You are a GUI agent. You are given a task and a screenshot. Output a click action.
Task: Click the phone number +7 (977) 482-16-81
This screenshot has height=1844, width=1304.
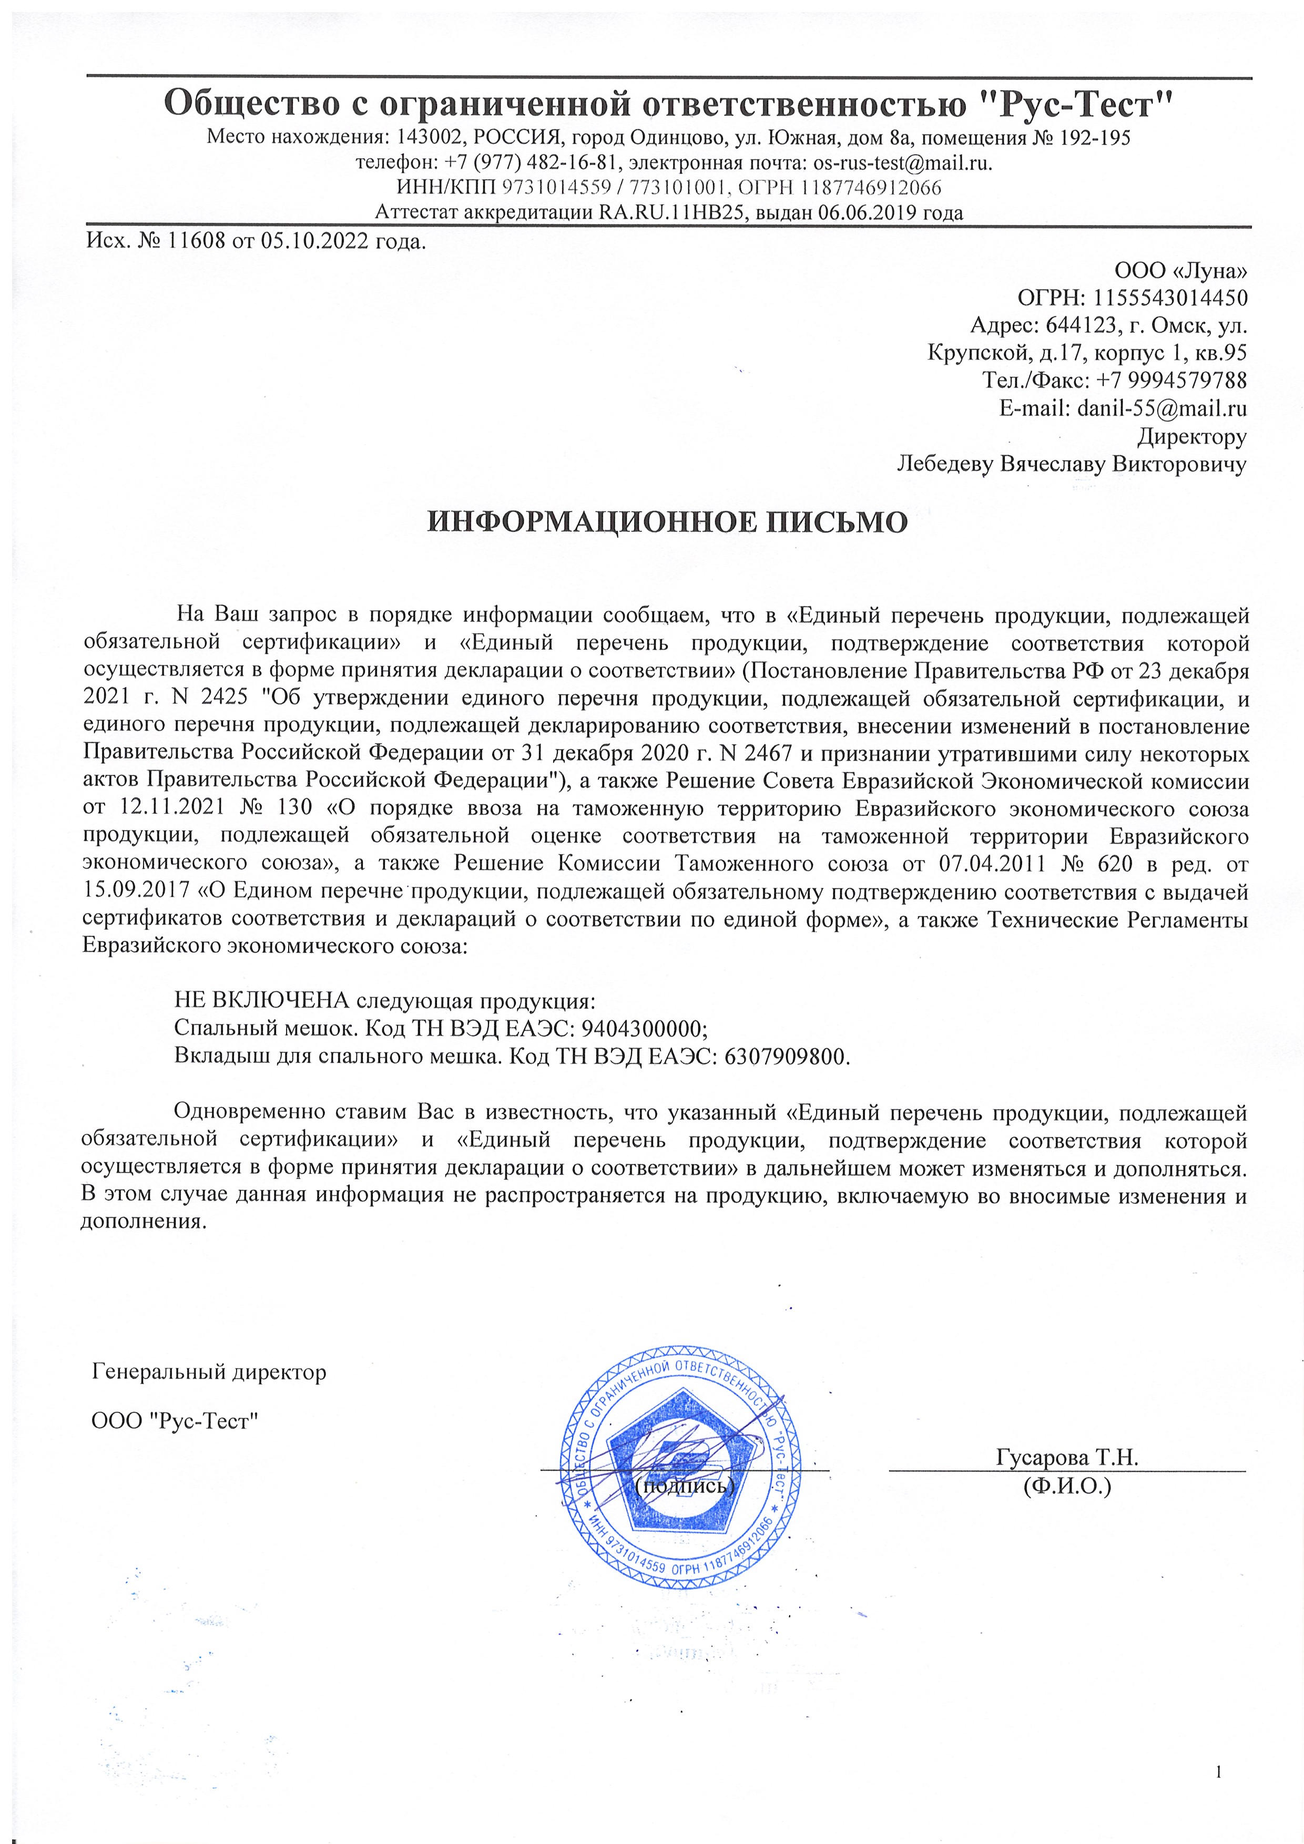532,163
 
